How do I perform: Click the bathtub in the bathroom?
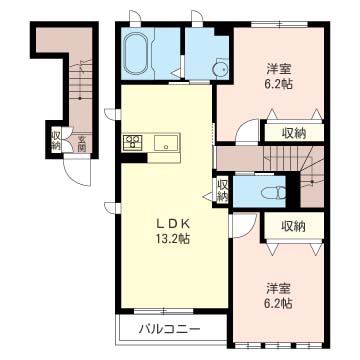(136, 53)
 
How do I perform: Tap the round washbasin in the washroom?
(221, 69)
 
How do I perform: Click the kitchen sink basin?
(165, 144)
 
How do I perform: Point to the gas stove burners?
(133, 142)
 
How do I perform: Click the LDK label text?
(173, 224)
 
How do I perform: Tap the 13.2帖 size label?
(173, 238)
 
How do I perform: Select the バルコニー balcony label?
(170, 330)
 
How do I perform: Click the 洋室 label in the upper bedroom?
(279, 69)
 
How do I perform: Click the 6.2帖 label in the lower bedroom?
(279, 303)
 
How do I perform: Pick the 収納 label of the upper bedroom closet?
(293, 133)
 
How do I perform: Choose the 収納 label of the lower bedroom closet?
(293, 227)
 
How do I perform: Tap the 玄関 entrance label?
(82, 142)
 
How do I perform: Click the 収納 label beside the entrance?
(56, 140)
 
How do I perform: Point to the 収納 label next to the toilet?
(222, 191)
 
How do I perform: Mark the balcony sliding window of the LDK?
(164, 311)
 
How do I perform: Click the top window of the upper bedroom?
(279, 24)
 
